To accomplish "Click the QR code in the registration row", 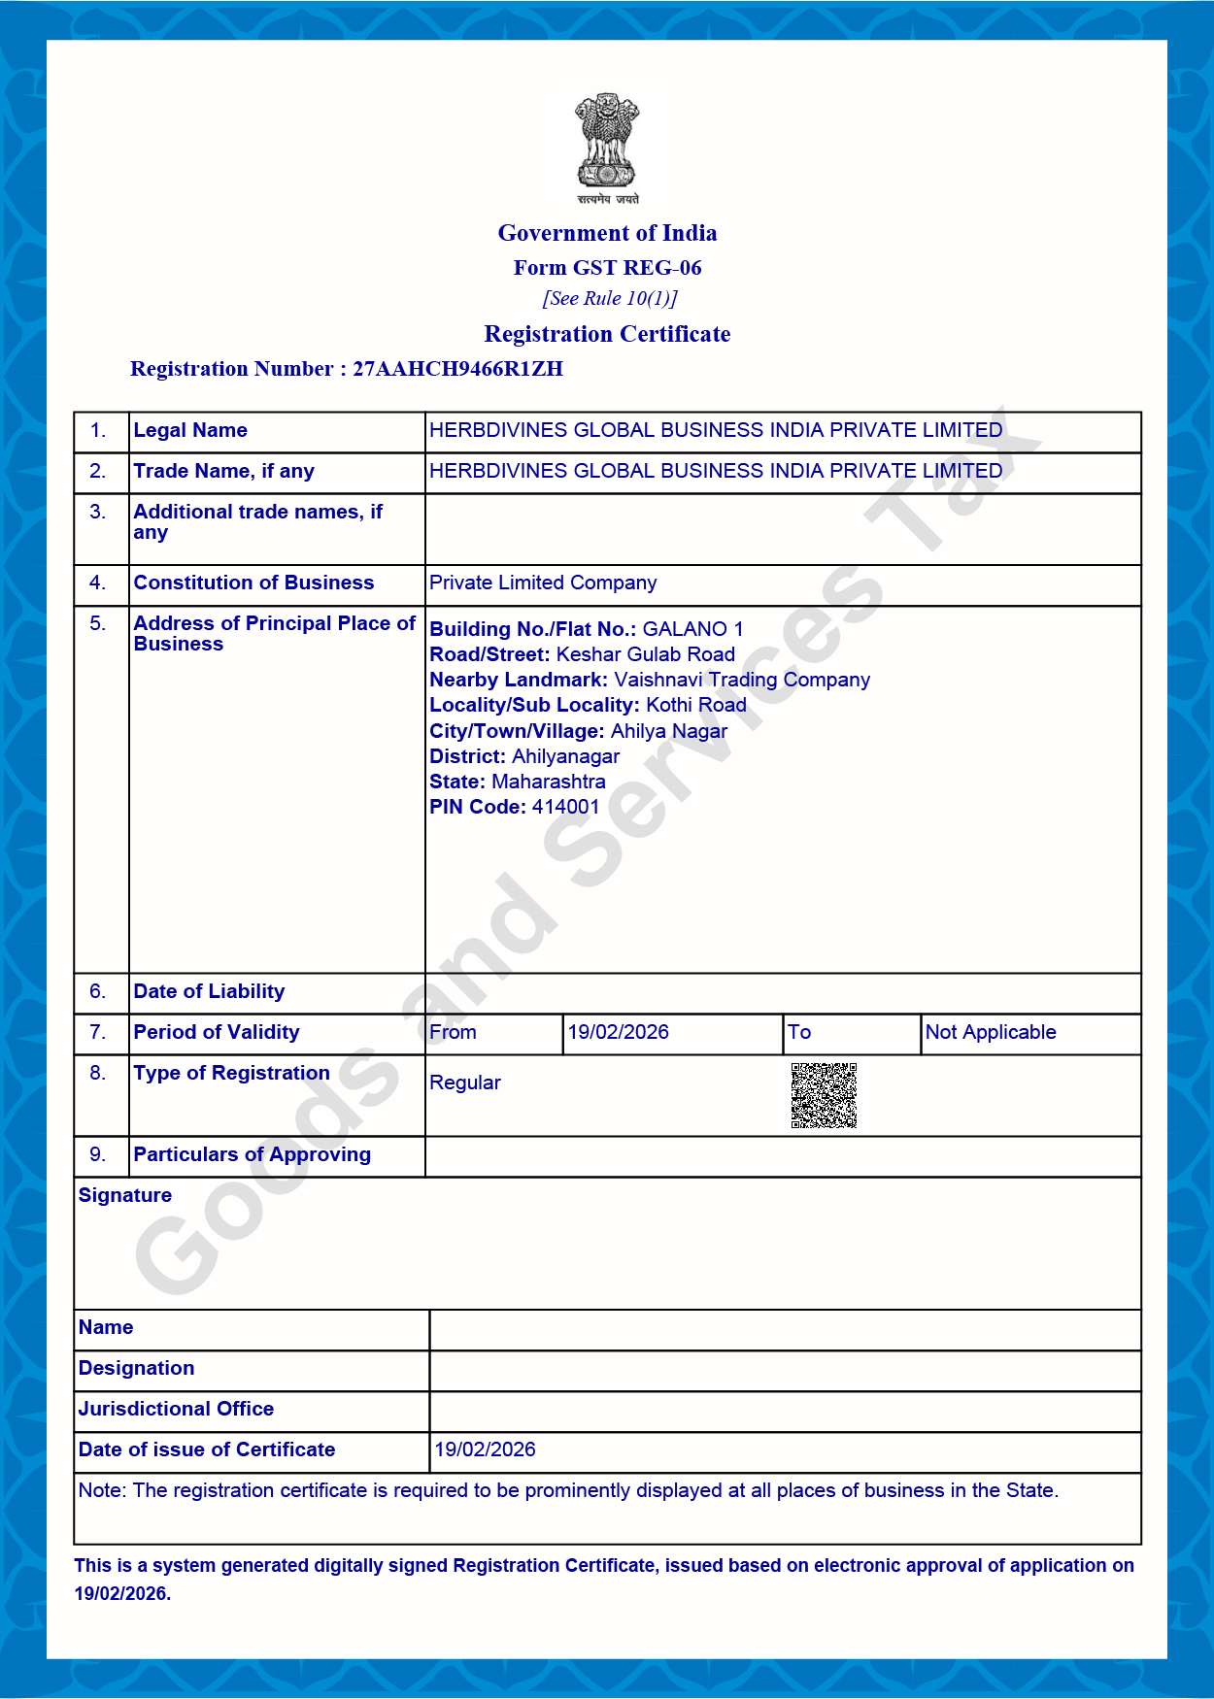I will [824, 1095].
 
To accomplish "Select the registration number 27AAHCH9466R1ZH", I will [457, 369].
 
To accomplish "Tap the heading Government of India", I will [607, 233].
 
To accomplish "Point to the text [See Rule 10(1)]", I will [609, 298].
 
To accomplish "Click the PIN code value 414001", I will [565, 807].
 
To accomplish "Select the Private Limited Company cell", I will [543, 583].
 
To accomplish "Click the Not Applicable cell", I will [991, 1032].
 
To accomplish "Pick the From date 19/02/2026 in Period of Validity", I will [619, 1032].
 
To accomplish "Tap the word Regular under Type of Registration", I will [465, 1083].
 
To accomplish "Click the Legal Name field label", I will [190, 430].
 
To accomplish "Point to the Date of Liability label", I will [209, 991].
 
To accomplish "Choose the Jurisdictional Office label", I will [176, 1409].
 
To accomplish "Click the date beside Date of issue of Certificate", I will [485, 1449].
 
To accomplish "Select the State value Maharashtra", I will [548, 782].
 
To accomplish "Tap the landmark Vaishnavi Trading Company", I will [742, 680].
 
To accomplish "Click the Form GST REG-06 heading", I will [607, 268].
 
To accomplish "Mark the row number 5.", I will [97, 623].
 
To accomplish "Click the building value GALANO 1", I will [692, 629].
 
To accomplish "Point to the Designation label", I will [136, 1368].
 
